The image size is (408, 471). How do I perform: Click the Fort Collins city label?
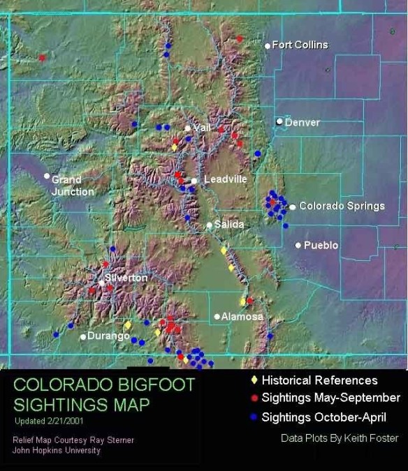click(300, 45)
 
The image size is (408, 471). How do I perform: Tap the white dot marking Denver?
click(279, 122)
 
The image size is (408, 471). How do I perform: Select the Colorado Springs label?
click(342, 206)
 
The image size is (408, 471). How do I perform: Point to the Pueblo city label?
click(321, 246)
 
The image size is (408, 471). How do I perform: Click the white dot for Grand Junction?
click(47, 176)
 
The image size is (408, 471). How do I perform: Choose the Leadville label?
click(225, 179)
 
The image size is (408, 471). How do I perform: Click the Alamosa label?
click(243, 317)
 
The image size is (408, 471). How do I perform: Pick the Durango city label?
click(108, 336)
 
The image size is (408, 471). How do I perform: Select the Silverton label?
click(126, 278)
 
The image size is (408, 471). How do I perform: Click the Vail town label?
click(202, 128)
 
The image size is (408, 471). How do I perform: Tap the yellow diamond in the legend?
click(254, 380)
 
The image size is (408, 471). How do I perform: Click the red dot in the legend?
click(254, 399)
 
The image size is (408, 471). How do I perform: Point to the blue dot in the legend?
click(254, 418)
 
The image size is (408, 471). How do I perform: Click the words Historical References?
click(319, 380)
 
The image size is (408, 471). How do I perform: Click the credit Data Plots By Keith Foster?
click(340, 438)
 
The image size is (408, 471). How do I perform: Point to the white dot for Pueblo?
click(298, 245)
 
